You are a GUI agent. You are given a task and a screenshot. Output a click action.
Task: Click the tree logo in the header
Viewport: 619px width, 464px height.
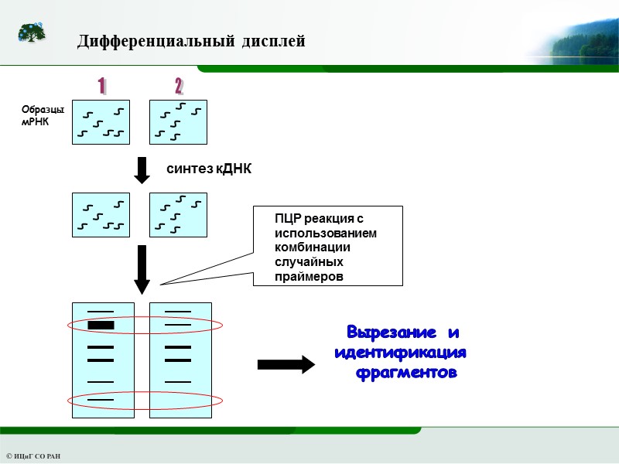[x=32, y=33]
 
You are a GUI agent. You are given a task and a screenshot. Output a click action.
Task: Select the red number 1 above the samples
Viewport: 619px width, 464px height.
[x=102, y=85]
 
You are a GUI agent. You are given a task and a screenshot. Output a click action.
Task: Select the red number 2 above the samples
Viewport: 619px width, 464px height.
[x=179, y=85]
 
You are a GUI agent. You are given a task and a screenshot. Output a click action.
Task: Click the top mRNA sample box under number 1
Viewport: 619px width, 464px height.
[x=101, y=122]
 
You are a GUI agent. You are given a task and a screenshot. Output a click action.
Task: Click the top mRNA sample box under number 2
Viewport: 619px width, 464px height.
[x=178, y=122]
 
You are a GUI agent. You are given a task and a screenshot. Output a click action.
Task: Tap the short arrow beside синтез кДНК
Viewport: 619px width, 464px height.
[x=142, y=170]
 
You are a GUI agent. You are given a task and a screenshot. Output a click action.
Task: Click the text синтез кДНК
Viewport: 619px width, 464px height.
[x=210, y=169]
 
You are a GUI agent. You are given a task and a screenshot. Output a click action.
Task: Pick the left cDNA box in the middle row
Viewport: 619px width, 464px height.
[x=101, y=215]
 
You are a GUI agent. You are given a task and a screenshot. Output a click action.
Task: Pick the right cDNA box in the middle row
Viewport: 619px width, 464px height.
[x=178, y=215]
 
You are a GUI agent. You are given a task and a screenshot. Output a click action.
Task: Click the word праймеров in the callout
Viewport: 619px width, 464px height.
[x=309, y=276]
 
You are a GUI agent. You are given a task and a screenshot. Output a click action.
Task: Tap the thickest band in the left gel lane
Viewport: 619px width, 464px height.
[x=101, y=325]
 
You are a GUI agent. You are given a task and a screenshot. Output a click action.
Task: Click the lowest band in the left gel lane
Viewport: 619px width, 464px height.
[x=101, y=399]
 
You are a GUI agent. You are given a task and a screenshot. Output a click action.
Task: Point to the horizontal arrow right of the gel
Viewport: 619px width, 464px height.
[x=286, y=364]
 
